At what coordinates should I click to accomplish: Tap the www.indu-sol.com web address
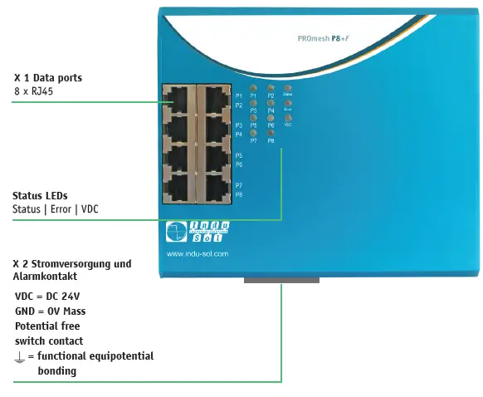[198, 254]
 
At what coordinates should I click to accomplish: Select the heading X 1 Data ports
[48, 78]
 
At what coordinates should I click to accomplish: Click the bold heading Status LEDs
[40, 196]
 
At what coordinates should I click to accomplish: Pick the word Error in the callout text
[61, 209]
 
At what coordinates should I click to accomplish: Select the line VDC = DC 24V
[47, 296]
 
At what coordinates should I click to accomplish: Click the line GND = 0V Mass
[51, 311]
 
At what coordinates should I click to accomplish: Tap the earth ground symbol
[20, 356]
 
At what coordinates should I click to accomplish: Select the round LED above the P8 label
[271, 133]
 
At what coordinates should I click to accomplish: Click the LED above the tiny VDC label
[288, 117]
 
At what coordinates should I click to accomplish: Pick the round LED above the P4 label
[271, 103]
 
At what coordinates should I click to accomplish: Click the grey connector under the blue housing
[281, 279]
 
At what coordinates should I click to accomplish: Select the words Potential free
[47, 326]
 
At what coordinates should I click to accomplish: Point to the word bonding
[57, 371]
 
